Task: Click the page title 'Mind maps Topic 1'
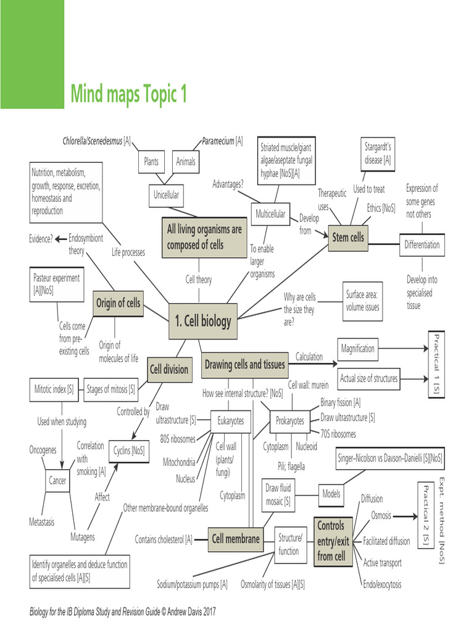[x=128, y=94]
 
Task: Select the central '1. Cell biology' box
[x=203, y=321]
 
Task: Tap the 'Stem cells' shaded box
[x=348, y=237]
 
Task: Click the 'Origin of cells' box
[x=118, y=303]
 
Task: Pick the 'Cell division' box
[x=168, y=370]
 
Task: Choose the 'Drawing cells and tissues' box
[x=245, y=365]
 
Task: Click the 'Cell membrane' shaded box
[x=236, y=539]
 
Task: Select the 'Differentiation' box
[x=422, y=244]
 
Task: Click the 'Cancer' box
[x=57, y=480]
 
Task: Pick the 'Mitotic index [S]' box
[x=54, y=389]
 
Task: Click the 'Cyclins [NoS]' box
[x=129, y=451]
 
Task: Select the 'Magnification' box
[x=358, y=349]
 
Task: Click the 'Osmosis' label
[x=381, y=515]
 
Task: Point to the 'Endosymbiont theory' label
[x=86, y=244]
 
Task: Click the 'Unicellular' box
[x=166, y=195]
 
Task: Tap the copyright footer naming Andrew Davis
[x=123, y=612]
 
